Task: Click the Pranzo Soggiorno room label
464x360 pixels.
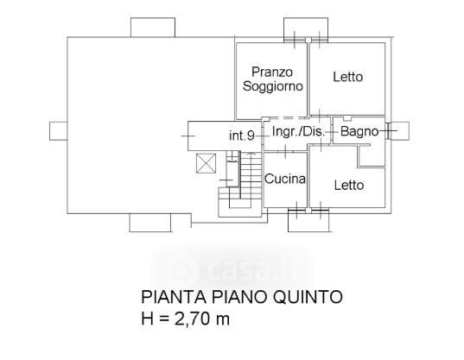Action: (x=272, y=79)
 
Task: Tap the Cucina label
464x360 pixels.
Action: (x=285, y=179)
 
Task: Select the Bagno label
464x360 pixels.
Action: (x=359, y=131)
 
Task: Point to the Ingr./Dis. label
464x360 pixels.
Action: (x=298, y=131)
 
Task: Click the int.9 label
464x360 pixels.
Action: (x=242, y=136)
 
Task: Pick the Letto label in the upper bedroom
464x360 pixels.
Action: (x=348, y=77)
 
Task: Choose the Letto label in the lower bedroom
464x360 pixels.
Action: (x=349, y=186)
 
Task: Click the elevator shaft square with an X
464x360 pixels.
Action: (x=206, y=163)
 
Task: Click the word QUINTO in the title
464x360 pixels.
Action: (x=308, y=297)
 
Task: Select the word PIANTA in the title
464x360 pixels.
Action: (x=174, y=297)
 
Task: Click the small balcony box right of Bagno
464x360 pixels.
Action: (x=400, y=130)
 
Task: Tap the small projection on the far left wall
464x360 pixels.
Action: (x=58, y=131)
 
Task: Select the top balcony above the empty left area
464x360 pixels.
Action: (x=153, y=28)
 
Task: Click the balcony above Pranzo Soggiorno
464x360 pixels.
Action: (x=306, y=28)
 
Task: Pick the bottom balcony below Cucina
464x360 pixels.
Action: (x=308, y=222)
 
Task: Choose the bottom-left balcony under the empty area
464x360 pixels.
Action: (x=150, y=222)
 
